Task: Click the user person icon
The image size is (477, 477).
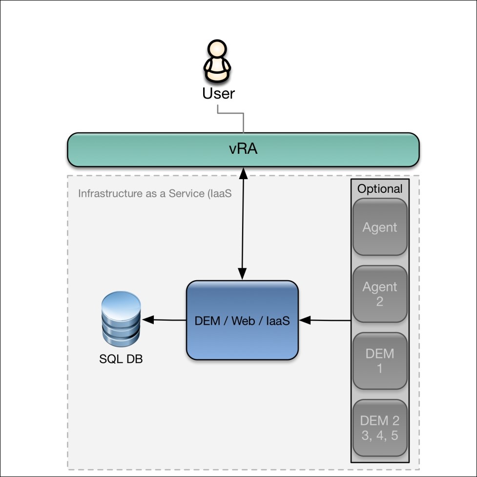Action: tap(218, 62)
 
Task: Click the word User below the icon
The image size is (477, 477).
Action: tap(218, 93)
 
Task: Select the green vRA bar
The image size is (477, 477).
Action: tap(243, 149)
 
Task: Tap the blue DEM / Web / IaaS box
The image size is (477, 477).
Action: tap(242, 320)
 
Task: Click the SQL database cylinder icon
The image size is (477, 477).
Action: tap(121, 320)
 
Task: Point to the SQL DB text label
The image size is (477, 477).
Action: tap(121, 359)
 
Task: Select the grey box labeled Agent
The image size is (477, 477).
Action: tap(379, 227)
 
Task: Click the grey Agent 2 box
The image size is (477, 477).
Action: tap(379, 294)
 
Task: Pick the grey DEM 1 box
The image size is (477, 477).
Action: tap(379, 361)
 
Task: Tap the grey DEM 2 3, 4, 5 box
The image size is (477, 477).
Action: tap(379, 428)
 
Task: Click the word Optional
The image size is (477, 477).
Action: tap(380, 189)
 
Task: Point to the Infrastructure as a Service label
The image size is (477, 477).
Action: tap(154, 193)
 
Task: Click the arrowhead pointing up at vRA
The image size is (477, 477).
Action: tap(243, 172)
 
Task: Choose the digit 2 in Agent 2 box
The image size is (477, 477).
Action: tap(379, 302)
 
